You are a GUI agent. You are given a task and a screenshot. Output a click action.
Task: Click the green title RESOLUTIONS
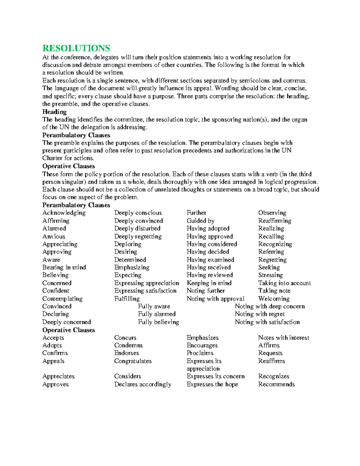click(76, 48)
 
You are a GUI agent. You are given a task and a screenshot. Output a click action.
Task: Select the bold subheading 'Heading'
click(54, 112)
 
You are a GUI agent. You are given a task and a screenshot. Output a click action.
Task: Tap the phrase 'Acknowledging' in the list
click(64, 213)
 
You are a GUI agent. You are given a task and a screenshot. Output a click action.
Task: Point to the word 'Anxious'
click(54, 236)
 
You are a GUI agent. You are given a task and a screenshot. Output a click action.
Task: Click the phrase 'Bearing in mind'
click(64, 267)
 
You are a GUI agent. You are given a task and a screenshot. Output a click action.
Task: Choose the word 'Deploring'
click(128, 244)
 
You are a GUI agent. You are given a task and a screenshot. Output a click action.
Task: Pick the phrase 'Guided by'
click(200, 221)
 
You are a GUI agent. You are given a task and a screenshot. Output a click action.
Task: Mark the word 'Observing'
click(272, 213)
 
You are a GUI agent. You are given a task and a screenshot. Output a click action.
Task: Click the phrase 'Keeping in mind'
click(209, 283)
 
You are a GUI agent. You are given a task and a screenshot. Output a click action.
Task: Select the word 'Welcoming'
click(274, 299)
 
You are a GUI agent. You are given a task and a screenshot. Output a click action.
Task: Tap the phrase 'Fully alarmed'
click(157, 314)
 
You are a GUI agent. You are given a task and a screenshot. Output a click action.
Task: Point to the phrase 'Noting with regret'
click(260, 314)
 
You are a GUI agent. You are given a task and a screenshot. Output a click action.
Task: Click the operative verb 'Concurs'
click(125, 338)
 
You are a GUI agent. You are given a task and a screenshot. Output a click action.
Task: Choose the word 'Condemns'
click(128, 345)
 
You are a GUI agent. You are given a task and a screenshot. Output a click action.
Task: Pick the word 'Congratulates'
click(133, 361)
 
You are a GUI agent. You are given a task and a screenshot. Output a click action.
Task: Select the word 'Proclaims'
click(200, 353)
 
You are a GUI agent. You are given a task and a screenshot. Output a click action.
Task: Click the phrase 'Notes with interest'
click(283, 338)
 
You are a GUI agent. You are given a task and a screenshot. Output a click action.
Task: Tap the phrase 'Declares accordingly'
click(143, 384)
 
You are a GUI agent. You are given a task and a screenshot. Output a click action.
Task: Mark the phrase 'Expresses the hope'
click(212, 384)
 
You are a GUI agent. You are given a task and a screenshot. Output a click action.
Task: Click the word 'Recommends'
click(276, 384)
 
